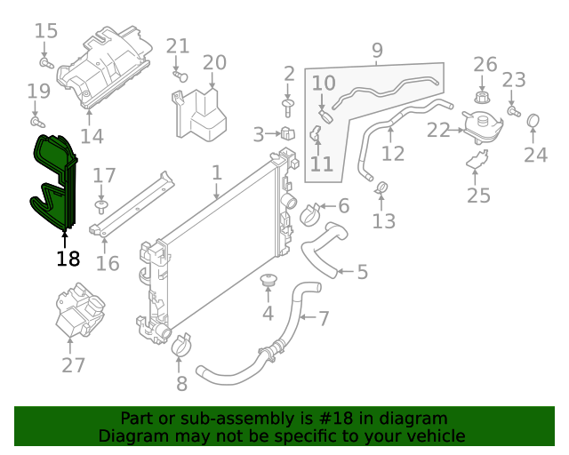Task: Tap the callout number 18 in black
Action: pos(68,259)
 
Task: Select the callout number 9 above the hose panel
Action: pos(377,50)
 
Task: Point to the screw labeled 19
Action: pos(36,120)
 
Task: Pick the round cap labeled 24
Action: pos(534,120)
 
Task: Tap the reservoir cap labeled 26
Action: pos(484,95)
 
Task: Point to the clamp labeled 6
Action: pos(312,213)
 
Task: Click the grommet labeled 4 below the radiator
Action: pos(268,283)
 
